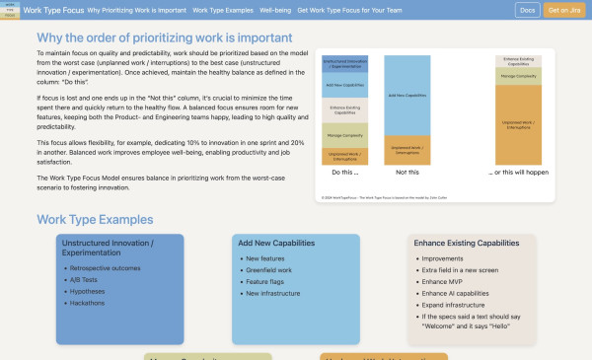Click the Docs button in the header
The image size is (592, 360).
pos(528,10)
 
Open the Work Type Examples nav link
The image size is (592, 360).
pos(221,10)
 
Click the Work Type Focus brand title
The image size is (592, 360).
pos(54,10)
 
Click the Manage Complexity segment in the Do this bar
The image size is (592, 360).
pos(344,135)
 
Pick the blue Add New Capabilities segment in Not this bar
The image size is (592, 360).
pos(408,95)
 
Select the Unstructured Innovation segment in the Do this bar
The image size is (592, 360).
pos(344,65)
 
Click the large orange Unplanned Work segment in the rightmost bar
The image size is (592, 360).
pos(519,123)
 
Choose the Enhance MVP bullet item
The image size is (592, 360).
pos(441,281)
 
